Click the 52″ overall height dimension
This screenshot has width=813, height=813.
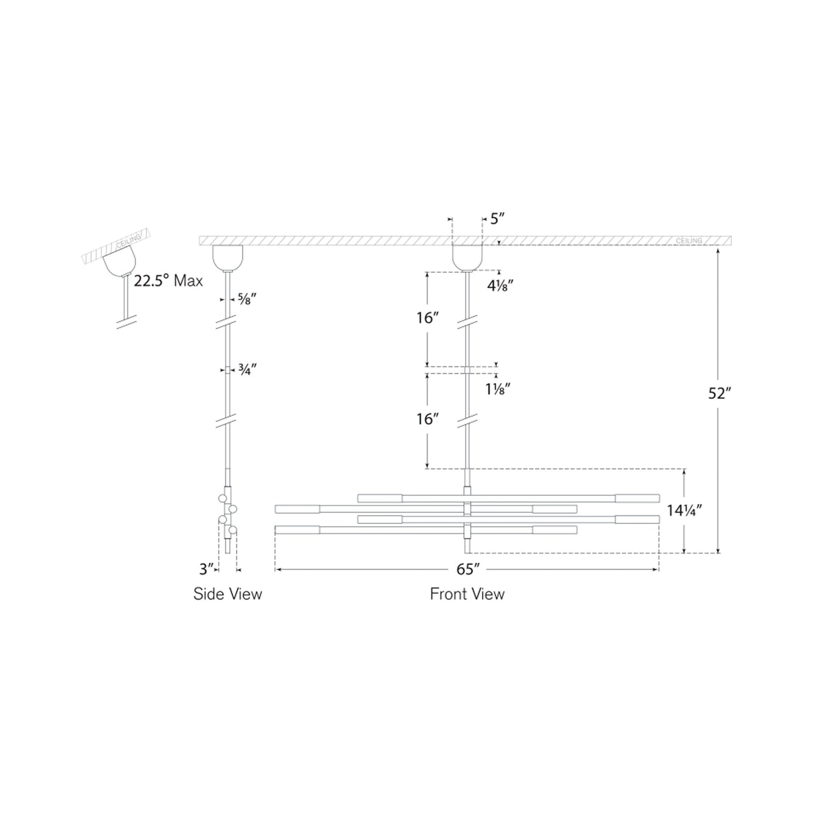(x=720, y=393)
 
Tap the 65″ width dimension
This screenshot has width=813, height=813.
(x=468, y=569)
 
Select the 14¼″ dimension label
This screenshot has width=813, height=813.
(x=684, y=510)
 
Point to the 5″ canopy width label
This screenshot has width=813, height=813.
(x=497, y=218)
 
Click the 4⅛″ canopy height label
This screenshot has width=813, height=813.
(x=500, y=286)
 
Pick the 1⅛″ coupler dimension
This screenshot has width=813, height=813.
(x=498, y=389)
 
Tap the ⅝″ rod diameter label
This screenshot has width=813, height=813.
(x=247, y=299)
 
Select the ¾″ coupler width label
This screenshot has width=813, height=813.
(x=247, y=370)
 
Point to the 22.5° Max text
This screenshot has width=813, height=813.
(x=168, y=281)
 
